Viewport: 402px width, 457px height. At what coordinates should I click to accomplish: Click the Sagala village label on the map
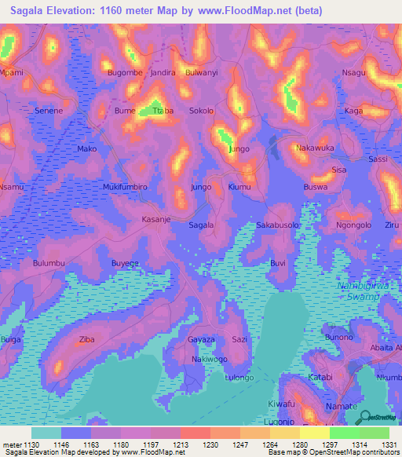202,225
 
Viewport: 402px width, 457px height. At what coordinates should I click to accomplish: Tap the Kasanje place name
155,220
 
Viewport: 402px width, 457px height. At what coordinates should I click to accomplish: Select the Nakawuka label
315,148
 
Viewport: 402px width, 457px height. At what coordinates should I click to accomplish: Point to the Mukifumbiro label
125,188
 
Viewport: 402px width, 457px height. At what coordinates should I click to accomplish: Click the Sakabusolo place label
278,225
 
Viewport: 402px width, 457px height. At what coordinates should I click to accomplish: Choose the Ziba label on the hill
86,341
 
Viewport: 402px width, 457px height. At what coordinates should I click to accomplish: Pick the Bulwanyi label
199,72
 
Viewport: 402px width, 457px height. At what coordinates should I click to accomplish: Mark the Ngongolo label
353,225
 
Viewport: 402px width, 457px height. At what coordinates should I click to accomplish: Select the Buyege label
125,263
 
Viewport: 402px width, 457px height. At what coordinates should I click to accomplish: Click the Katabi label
320,378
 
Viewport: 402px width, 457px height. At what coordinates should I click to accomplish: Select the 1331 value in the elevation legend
389,444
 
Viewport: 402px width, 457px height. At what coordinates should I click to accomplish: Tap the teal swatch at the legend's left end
46,433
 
